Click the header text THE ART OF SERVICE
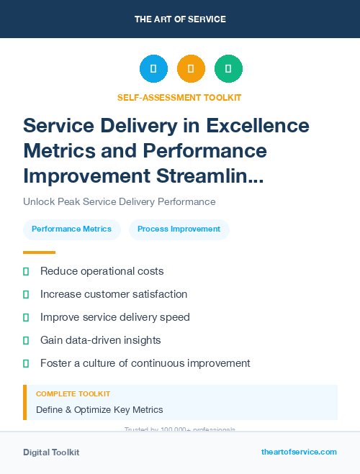point(180,19)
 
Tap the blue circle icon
point(153,69)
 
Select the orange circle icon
point(191,69)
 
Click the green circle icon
point(228,69)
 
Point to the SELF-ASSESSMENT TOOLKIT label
point(180,97)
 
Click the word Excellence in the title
point(258,126)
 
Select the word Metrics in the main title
point(60,150)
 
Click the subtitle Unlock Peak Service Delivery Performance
point(120,202)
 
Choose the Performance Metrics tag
point(71,229)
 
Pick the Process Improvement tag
point(179,229)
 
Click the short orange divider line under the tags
point(39,252)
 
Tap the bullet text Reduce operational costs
point(102,271)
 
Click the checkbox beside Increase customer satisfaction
point(26,294)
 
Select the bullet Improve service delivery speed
point(114,317)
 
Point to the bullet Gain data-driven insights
point(100,340)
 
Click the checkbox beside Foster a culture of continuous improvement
point(26,363)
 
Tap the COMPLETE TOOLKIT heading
point(73,394)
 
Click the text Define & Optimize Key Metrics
point(99,410)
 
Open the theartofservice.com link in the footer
point(299,452)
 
